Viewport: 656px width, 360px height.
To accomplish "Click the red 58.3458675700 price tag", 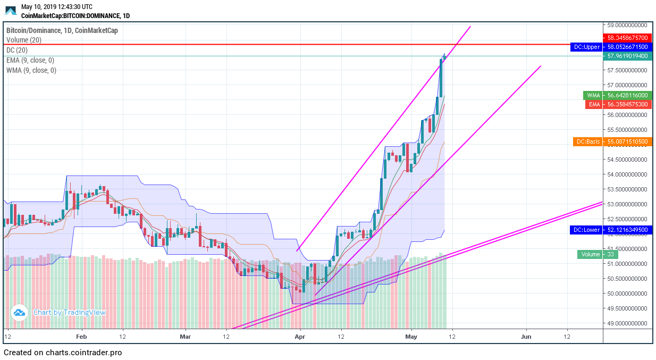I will [627, 38].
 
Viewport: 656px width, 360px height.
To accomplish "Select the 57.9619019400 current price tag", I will [627, 56].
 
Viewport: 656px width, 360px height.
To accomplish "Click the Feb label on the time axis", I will [81, 337].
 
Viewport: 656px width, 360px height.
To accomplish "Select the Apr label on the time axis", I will [300, 337].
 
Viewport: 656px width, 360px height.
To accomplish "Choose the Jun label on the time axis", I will [526, 337].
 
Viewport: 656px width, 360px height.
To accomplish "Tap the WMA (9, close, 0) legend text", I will [31, 70].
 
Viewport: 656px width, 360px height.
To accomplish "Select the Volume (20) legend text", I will [24, 40].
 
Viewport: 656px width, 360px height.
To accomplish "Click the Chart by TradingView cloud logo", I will [19, 313].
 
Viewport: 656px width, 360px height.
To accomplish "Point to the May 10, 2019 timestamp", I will [56, 7].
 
